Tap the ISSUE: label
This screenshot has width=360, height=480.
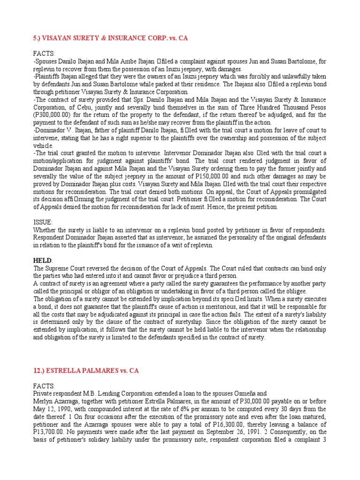pyautogui.click(x=43, y=222)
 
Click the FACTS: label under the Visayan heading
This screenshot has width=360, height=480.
pyautogui.click(x=44, y=53)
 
